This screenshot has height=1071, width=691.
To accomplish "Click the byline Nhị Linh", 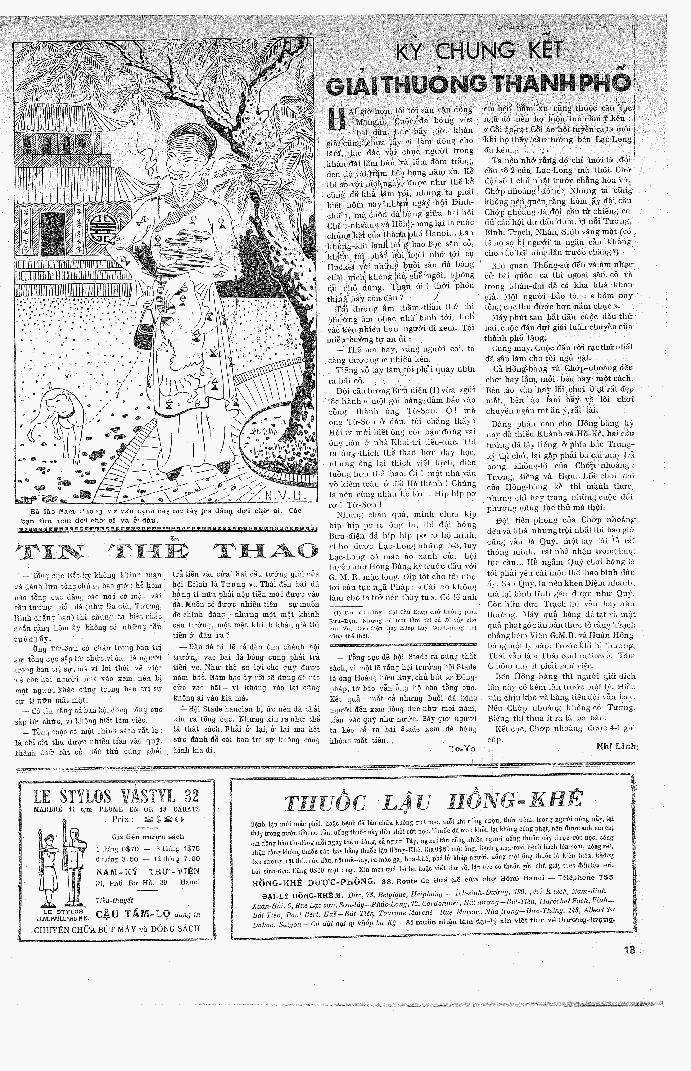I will coord(616,746).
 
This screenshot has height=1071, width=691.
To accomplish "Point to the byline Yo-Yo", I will coord(461,748).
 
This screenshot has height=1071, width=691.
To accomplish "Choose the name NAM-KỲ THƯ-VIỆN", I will coord(147,871).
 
